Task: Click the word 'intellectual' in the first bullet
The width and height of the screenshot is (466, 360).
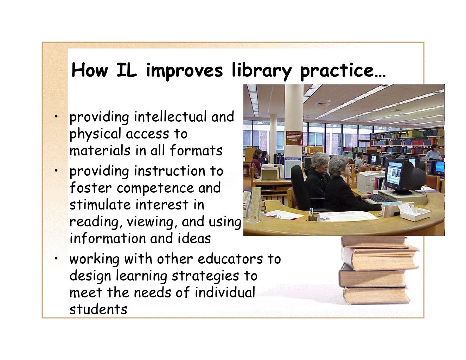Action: coord(171,117)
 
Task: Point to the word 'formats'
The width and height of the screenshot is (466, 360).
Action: coord(196,151)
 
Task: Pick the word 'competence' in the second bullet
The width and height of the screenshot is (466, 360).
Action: coord(155,188)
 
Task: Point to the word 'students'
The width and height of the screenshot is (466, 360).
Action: coord(98,309)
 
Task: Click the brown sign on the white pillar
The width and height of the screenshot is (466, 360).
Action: coord(294,138)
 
